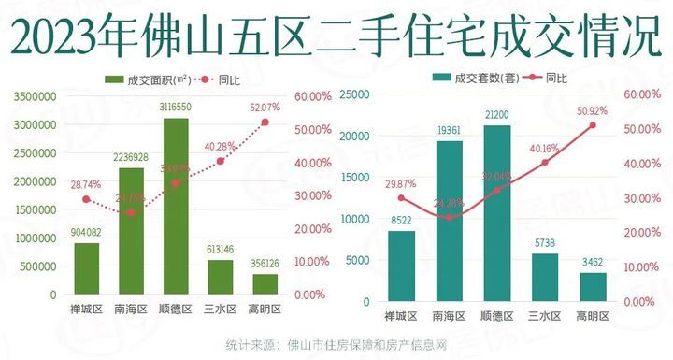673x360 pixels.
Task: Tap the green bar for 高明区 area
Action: (265, 283)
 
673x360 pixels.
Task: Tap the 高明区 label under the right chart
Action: (592, 316)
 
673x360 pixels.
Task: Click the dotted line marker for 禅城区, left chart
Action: (86, 199)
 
